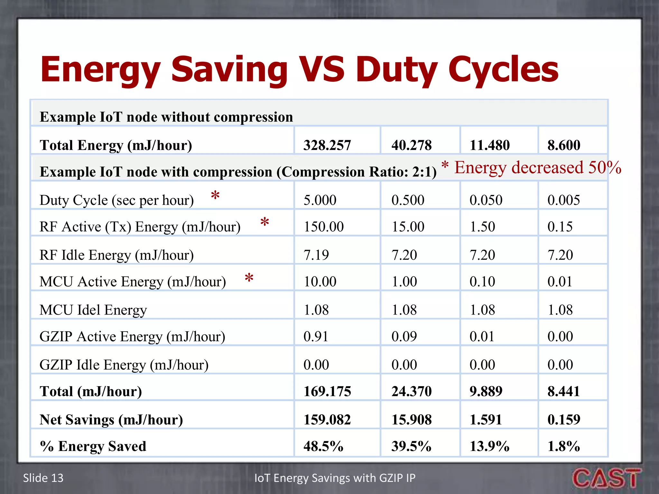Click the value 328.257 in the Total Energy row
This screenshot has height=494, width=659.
tap(327, 145)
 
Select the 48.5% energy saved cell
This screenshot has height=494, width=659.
tap(323, 446)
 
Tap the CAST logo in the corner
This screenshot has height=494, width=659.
tap(606, 478)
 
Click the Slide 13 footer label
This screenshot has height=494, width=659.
tap(43, 478)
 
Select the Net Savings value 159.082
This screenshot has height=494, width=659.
tap(327, 419)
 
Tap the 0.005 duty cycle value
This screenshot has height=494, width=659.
tap(564, 200)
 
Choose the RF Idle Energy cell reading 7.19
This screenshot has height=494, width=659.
tap(316, 255)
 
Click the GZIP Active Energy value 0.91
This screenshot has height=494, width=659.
tap(316, 336)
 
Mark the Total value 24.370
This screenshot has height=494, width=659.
tap(412, 391)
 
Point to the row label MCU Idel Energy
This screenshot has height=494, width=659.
tap(93, 310)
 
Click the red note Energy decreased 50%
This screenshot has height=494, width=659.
tap(537, 168)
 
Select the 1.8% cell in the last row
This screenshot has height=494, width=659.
tap(563, 446)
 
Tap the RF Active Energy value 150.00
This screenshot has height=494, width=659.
tap(323, 227)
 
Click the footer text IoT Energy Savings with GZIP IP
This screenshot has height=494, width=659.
tap(335, 478)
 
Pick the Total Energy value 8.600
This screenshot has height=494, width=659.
tap(564, 145)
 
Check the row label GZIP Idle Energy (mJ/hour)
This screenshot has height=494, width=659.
tap(124, 365)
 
